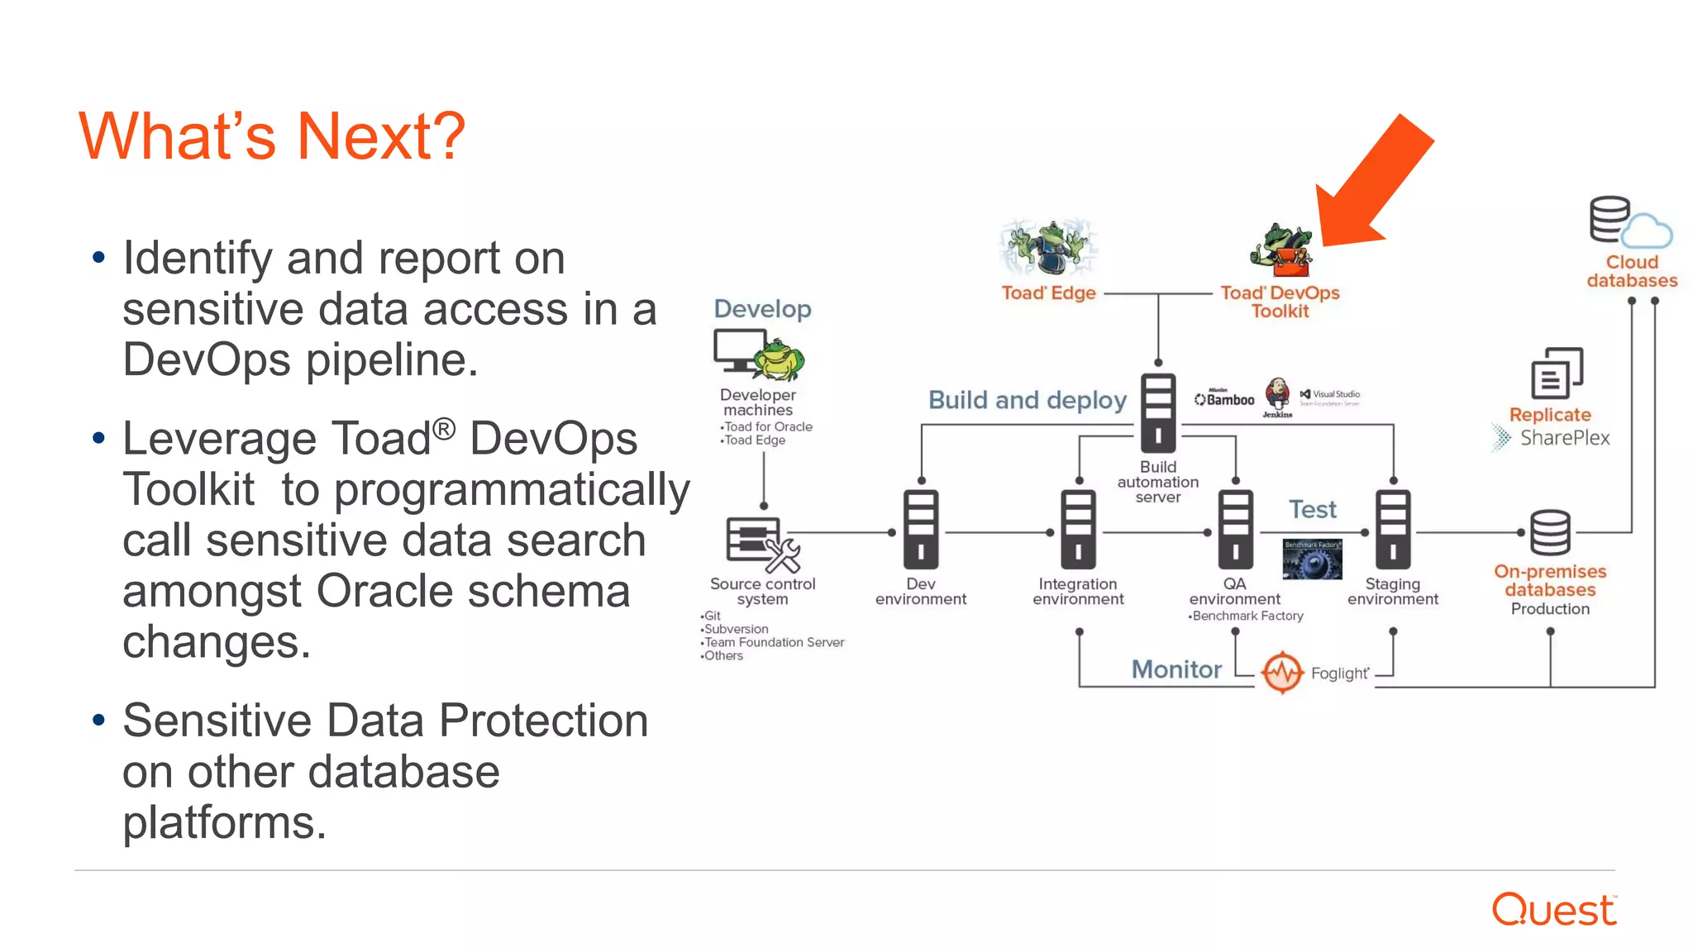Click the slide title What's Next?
pos(272,136)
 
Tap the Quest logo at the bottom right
pos(1553,910)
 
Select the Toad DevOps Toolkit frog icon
pos(1280,250)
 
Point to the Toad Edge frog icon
pos(1048,247)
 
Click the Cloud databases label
pos(1632,271)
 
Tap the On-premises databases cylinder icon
pos(1549,533)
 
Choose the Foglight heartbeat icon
pos(1282,673)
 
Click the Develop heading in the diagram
pos(762,309)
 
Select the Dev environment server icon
pos(920,530)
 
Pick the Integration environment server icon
pos(1078,530)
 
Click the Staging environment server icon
pos(1393,530)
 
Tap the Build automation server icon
pos(1157,412)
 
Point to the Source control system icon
pos(761,545)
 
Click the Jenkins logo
pos(1277,396)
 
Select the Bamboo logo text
pos(1225,399)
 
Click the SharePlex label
pos(1564,438)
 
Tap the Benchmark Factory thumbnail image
pos(1312,559)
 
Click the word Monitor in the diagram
pos(1176,669)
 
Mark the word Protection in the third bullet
pos(543,721)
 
